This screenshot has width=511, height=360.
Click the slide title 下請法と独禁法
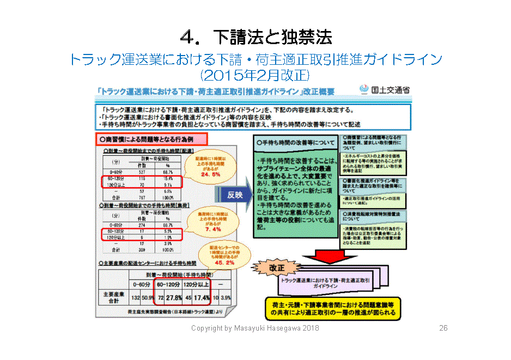pyautogui.click(x=255, y=36)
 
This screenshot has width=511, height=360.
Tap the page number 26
pyautogui.click(x=443, y=328)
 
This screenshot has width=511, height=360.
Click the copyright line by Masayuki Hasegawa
pyautogui.click(x=255, y=328)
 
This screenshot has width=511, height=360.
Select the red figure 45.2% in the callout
pyautogui.click(x=223, y=263)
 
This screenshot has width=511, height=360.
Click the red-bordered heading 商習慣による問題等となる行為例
pyautogui.click(x=143, y=139)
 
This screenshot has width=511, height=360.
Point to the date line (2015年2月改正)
pyautogui.click(x=255, y=73)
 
